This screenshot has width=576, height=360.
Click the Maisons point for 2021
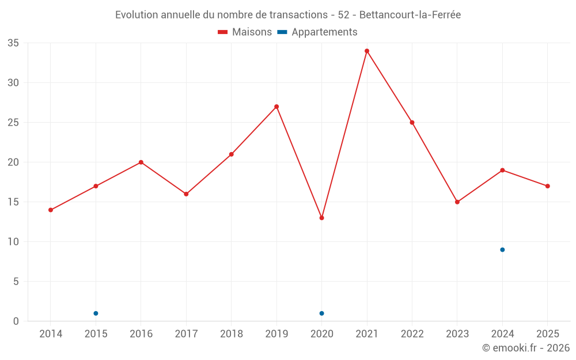click(x=366, y=51)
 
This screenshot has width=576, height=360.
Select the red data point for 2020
click(x=322, y=218)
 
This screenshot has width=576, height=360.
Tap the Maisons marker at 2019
click(x=276, y=107)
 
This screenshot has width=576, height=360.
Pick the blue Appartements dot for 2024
click(x=502, y=250)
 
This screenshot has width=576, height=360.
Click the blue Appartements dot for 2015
click(x=96, y=313)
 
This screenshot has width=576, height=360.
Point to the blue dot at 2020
click(x=322, y=313)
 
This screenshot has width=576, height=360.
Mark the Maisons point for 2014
click(x=51, y=210)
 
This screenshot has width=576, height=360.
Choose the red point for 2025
click(x=547, y=186)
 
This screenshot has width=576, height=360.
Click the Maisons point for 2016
click(x=141, y=162)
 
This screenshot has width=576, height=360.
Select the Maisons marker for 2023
click(x=457, y=202)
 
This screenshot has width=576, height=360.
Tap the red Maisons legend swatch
click(x=222, y=32)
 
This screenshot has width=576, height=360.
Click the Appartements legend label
click(x=324, y=32)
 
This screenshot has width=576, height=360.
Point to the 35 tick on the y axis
click(x=13, y=43)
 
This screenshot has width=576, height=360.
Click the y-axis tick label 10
click(x=13, y=242)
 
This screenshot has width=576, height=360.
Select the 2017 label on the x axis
click(x=186, y=334)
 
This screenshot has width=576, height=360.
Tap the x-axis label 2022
click(x=412, y=334)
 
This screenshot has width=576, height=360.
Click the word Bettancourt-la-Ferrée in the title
click(x=410, y=15)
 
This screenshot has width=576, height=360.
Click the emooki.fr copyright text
click(x=526, y=347)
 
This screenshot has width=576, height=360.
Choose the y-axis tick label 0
click(x=16, y=321)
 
